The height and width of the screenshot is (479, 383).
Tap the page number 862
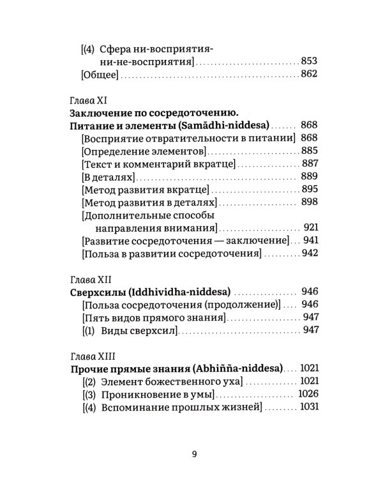[x=309, y=75]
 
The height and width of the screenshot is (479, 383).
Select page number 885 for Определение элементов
[x=309, y=151]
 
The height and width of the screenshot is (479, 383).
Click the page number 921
[x=309, y=227]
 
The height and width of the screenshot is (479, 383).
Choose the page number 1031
[x=306, y=407]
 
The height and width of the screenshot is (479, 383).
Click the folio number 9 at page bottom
[x=194, y=454]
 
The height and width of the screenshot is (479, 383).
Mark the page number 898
[x=309, y=202]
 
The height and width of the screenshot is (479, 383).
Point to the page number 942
[x=309, y=254]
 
